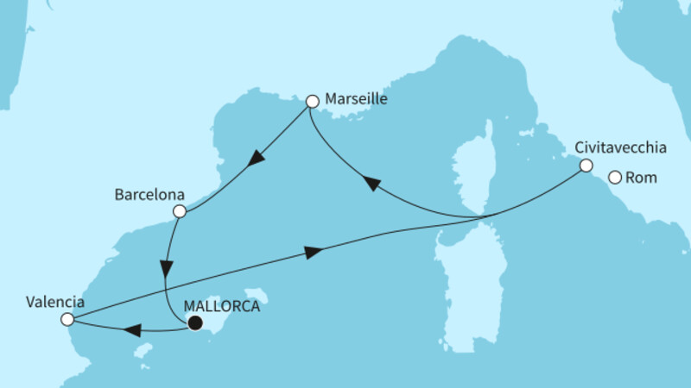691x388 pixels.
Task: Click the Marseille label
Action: click(356, 99)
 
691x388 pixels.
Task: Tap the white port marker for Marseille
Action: click(312, 102)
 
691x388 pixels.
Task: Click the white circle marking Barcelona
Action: click(179, 211)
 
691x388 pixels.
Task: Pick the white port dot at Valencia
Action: click(67, 320)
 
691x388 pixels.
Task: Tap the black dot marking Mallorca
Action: click(195, 323)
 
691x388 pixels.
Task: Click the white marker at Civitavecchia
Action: click(586, 166)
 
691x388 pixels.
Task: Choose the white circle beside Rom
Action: click(615, 178)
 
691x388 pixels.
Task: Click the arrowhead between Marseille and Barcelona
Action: click(256, 159)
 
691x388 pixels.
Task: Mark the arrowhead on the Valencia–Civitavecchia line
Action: click(314, 252)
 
